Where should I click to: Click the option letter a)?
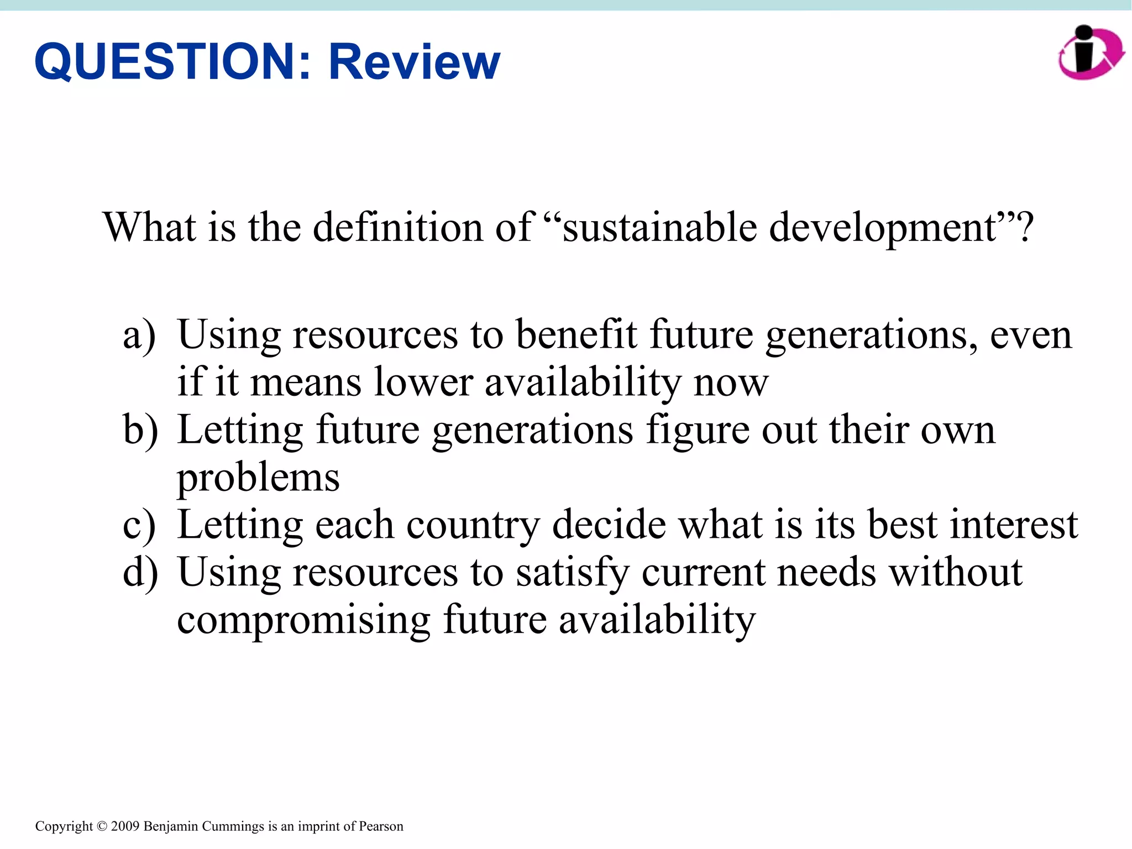(x=139, y=335)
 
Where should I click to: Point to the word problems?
(x=258, y=478)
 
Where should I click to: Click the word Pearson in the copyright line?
(x=381, y=826)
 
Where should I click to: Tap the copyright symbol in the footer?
(x=102, y=826)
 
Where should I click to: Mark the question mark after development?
(x=1026, y=227)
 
